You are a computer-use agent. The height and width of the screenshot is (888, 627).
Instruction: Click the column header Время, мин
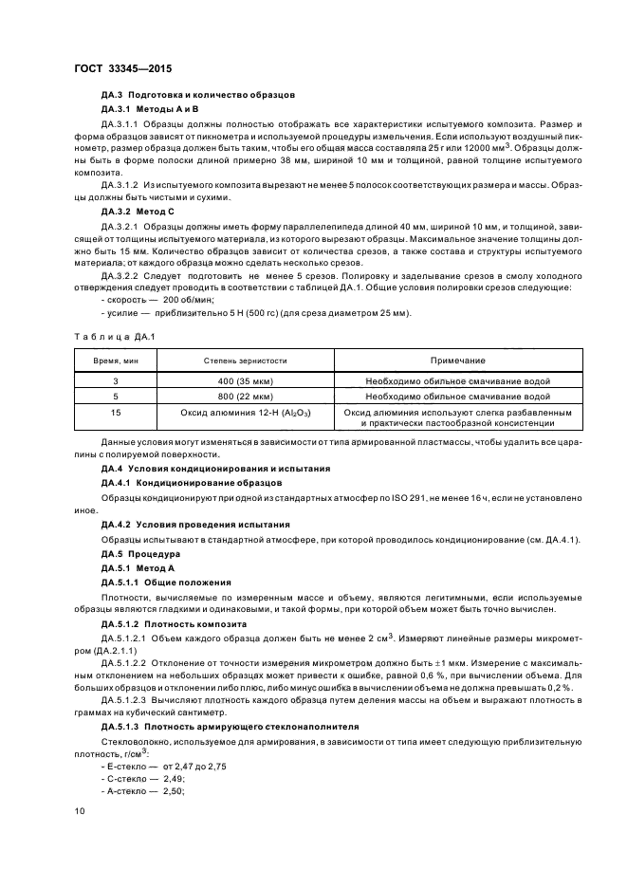click(x=116, y=361)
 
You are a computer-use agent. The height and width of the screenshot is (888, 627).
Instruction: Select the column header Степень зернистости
click(x=245, y=361)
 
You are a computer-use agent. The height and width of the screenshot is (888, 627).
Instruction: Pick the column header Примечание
click(x=457, y=361)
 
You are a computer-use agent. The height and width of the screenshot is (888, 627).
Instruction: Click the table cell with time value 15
click(x=115, y=414)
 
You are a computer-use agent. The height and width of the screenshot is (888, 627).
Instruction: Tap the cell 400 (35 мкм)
click(x=245, y=381)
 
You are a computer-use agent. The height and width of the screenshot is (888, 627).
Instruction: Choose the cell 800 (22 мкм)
click(x=245, y=397)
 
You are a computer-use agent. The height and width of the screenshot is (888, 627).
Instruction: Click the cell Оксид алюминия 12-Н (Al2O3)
click(x=245, y=414)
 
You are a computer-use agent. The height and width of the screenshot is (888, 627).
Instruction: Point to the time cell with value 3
click(x=115, y=381)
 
